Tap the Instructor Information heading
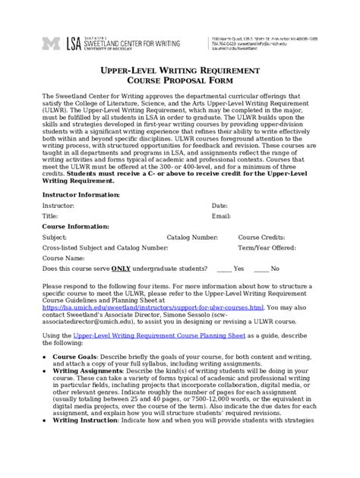pos(80,194)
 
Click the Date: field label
pos(219,206)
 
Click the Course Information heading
pos(74,226)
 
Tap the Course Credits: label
pos(261,237)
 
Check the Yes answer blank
pos(224,269)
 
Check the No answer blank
pos(261,269)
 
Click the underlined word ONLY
pos(121,269)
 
